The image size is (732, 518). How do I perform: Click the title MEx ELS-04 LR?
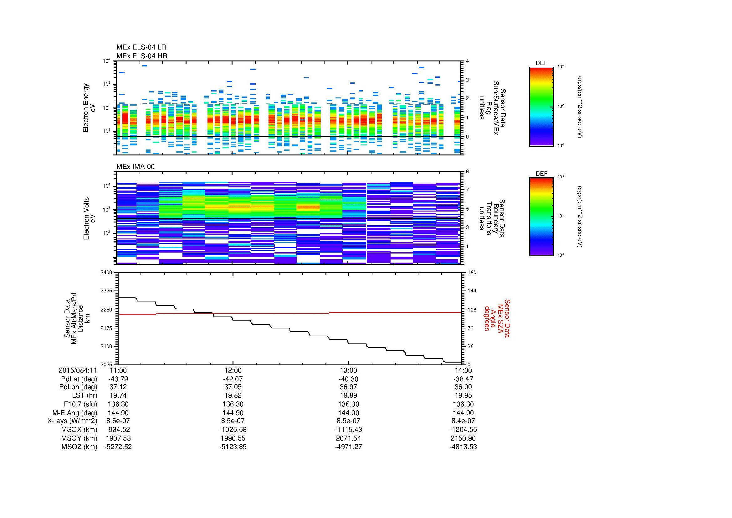141,47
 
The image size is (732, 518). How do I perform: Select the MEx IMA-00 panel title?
136,167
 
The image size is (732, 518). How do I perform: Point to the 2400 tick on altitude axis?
106,273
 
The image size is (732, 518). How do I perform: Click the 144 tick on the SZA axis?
472,291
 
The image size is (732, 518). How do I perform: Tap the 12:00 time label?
233,370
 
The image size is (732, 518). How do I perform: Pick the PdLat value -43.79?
118,379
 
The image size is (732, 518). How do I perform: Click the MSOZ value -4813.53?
463,447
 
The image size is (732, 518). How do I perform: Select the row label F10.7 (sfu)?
80,404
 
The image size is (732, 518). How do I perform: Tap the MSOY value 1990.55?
233,438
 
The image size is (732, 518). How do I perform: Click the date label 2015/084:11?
78,370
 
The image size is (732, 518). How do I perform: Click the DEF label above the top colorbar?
541,63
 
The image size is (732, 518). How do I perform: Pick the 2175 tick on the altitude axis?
106,328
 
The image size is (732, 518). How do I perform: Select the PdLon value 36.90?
463,387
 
